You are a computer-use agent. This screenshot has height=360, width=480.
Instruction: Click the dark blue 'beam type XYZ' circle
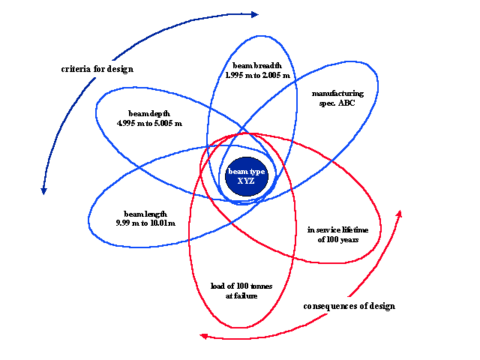coord(247,179)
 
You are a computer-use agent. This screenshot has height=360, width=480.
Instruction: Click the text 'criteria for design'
coord(97,69)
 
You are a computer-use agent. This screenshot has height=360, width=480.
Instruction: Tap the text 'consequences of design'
coord(349,306)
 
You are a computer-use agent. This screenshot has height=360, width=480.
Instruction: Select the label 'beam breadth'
coord(257,66)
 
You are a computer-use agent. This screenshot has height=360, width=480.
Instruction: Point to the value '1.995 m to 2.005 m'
coord(257,76)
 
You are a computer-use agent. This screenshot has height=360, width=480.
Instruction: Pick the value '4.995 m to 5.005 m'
coord(149,122)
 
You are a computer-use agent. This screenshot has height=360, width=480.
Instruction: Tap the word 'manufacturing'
coord(337,94)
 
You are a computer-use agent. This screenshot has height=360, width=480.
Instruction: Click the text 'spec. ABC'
coord(337,103)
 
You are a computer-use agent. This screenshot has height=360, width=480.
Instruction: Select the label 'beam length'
coord(145,214)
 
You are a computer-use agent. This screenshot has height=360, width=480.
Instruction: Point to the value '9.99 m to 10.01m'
coord(145,223)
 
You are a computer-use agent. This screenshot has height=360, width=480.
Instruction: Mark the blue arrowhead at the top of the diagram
coord(254,13)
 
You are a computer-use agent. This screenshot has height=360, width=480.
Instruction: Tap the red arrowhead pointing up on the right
coord(398,214)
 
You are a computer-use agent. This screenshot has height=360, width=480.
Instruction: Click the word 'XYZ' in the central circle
coord(247,181)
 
